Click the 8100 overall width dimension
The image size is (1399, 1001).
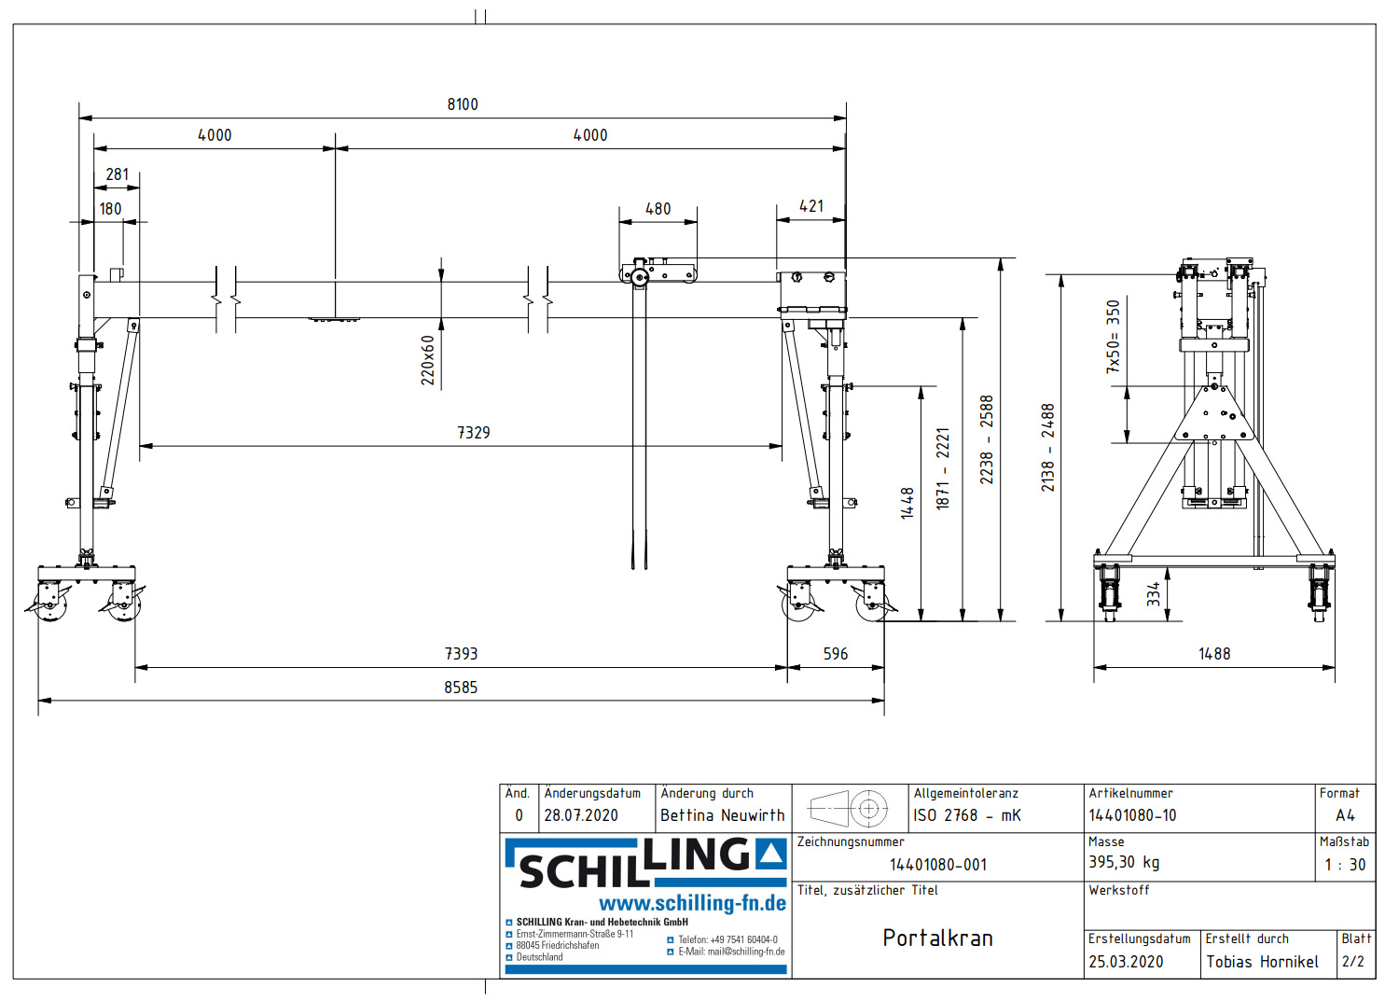463,104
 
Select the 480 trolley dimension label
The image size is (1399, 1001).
658,209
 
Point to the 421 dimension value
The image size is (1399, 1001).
811,206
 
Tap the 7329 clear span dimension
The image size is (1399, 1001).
473,433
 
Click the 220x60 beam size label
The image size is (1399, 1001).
428,360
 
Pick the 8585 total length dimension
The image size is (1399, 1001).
461,688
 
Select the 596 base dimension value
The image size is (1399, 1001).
836,654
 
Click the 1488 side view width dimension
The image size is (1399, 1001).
1214,654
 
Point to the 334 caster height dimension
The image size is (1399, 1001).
1154,594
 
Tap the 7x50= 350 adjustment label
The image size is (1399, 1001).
1113,337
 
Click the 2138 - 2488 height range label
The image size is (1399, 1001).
1048,447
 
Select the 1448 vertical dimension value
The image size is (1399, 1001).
907,503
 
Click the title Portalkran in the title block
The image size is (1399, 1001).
937,938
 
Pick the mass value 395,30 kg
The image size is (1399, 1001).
1124,862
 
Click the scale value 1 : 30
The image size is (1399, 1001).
1344,865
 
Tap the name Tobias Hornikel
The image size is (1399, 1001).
1262,962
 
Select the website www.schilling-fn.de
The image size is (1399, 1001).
692,903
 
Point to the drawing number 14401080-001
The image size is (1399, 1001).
937,865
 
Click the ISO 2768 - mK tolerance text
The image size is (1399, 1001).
967,815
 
